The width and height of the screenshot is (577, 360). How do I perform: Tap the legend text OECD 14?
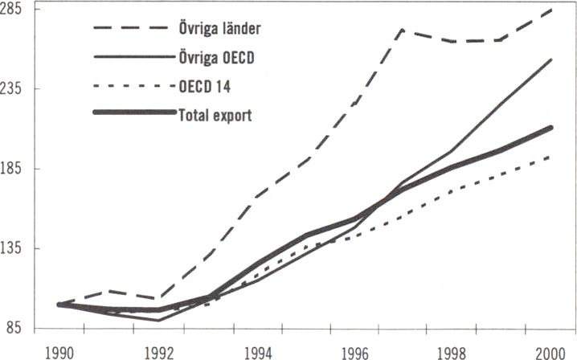(203, 86)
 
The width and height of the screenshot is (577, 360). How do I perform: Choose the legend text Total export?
(215, 114)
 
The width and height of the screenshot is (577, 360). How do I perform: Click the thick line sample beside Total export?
(132, 113)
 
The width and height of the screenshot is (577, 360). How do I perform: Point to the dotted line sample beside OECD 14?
(132, 86)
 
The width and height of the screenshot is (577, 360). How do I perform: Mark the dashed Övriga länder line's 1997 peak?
(400, 30)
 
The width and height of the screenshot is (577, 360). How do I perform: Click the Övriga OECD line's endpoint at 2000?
(550, 59)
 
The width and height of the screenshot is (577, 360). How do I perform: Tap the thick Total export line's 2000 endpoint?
(550, 127)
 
